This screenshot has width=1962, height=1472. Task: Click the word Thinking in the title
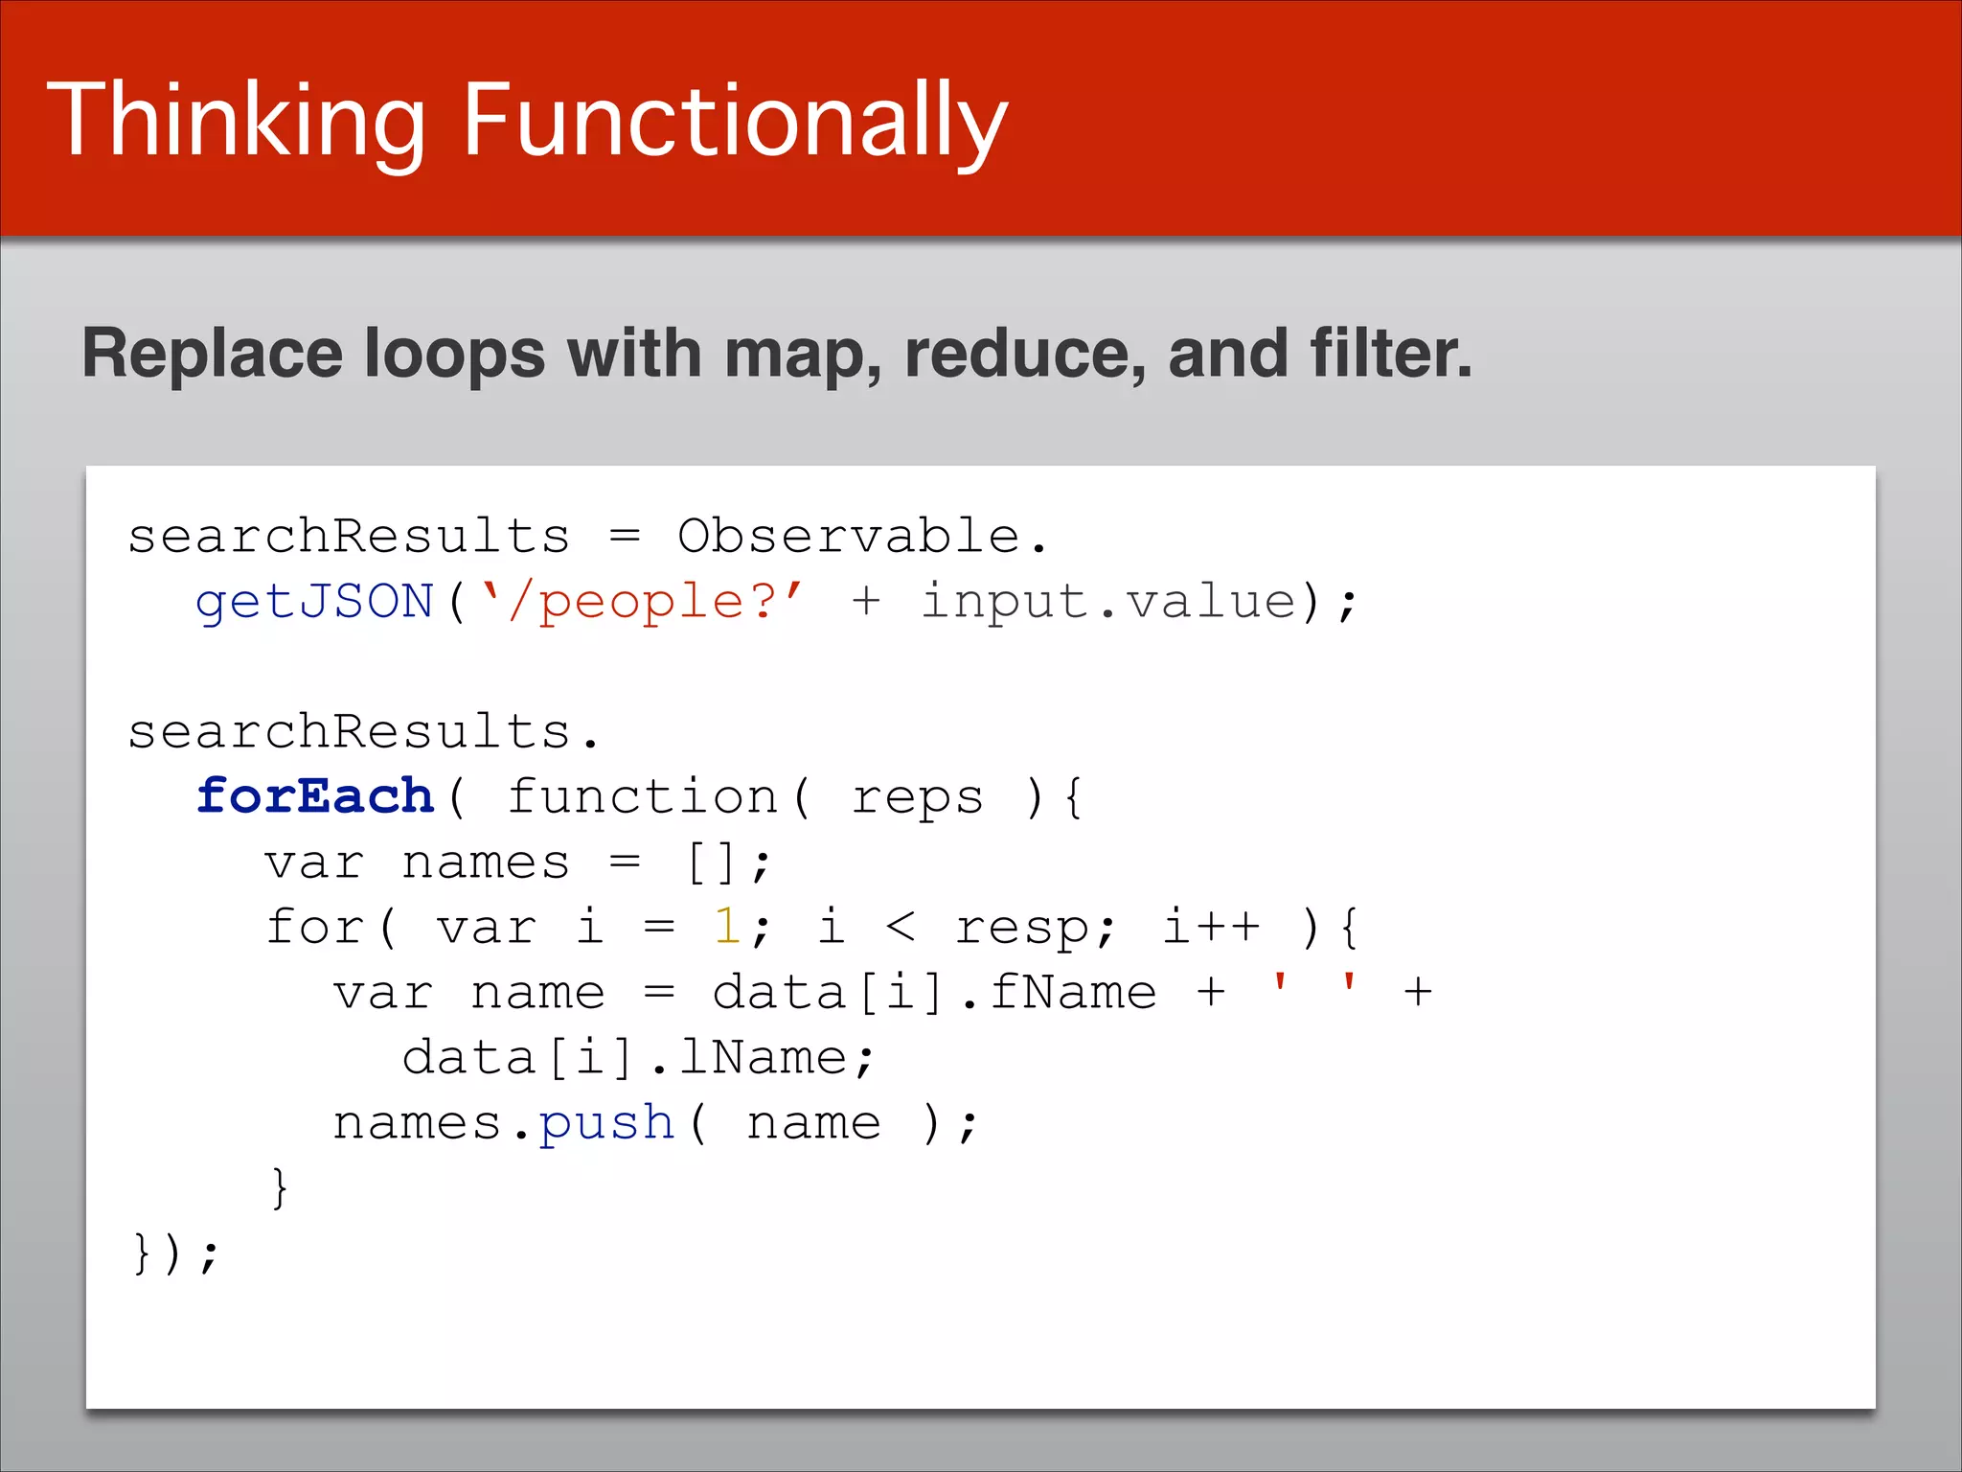[236, 122]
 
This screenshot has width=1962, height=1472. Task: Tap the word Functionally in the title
[735, 122]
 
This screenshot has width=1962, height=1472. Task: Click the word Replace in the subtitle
[212, 354]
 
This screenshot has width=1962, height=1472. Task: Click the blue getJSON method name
[314, 603]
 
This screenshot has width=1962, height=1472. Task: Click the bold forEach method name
[314, 797]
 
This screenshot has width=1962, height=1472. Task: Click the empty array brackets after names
[711, 863]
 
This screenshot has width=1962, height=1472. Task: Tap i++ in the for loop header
[1210, 927]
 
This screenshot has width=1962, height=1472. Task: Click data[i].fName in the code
[934, 992]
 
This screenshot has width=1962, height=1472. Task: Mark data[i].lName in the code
[625, 1058]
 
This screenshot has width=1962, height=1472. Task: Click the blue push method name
[605, 1124]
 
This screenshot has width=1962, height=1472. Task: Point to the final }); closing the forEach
[175, 1253]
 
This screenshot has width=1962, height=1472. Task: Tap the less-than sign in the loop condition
[900, 927]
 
